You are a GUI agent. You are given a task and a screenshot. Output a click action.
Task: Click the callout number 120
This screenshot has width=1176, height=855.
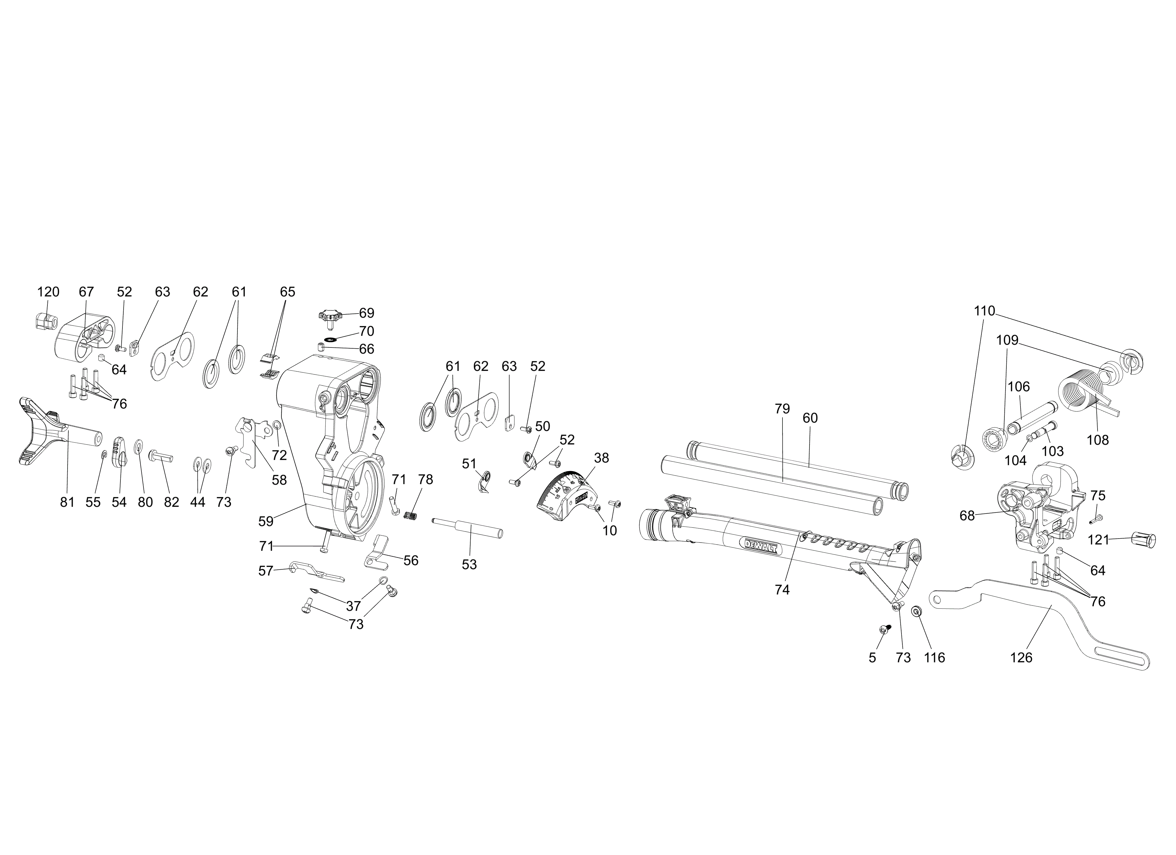48,292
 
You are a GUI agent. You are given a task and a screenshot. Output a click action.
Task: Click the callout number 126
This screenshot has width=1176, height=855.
1021,658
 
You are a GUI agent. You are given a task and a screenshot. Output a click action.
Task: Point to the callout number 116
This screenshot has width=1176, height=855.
934,658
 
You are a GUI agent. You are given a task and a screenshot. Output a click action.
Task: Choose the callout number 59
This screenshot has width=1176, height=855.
266,521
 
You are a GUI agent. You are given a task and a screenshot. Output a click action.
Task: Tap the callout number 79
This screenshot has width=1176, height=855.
782,409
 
